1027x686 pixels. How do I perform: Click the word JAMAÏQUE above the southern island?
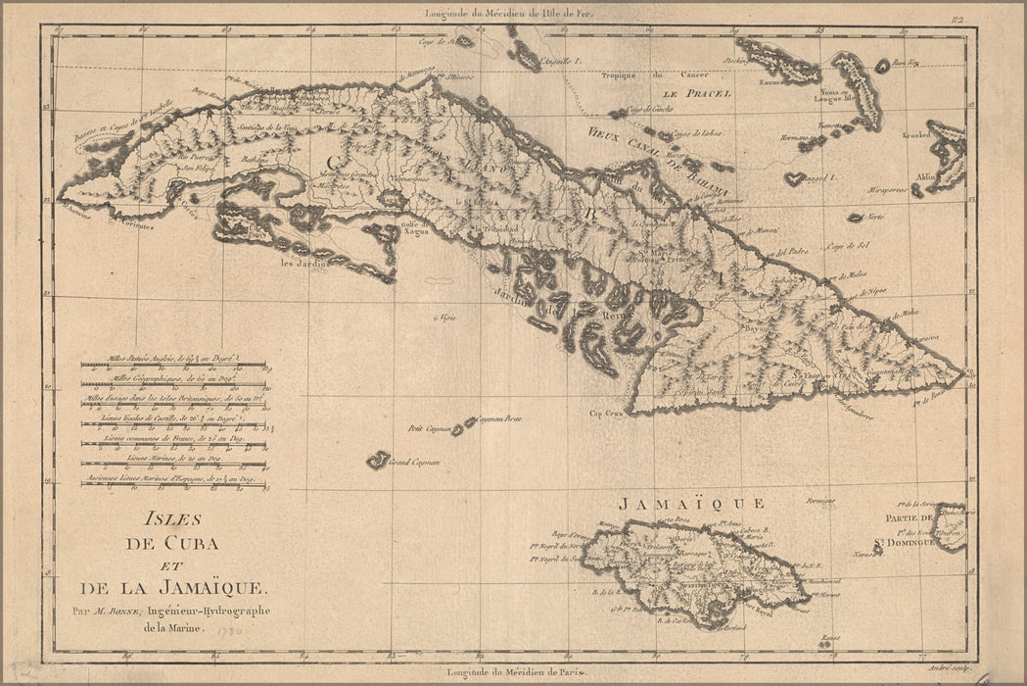click(690, 504)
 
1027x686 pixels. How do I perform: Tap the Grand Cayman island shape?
click(377, 459)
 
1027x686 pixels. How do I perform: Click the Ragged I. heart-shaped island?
click(795, 179)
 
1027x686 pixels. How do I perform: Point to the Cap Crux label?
click(606, 413)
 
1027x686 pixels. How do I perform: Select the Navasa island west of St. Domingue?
click(876, 549)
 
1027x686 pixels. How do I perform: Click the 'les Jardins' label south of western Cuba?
click(300, 263)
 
